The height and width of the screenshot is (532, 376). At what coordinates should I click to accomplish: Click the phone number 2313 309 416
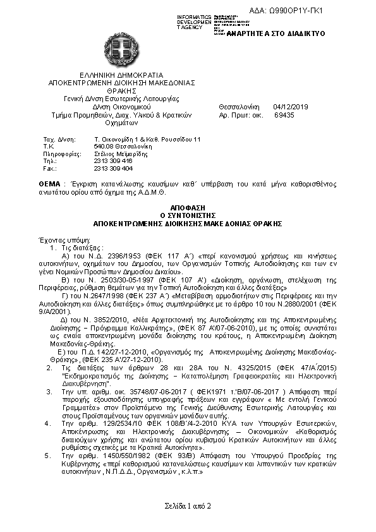(x=113, y=161)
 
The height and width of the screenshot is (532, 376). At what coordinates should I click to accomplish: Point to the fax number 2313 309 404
(x=113, y=169)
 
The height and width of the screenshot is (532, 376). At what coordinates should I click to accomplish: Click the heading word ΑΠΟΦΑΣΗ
(x=187, y=207)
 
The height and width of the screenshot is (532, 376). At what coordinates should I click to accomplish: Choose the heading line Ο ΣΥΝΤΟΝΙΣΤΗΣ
(x=187, y=215)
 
